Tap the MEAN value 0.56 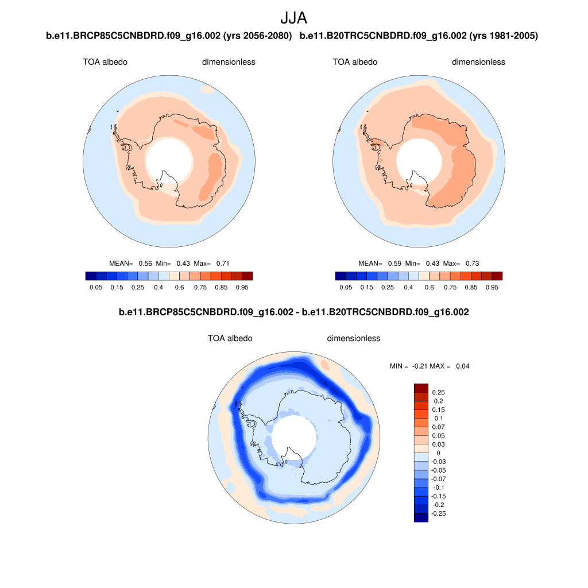(x=145, y=264)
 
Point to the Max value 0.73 (x=472, y=264)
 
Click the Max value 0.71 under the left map (x=223, y=264)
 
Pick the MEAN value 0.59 (x=394, y=264)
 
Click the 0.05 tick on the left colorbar (x=96, y=287)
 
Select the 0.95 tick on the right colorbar (x=492, y=287)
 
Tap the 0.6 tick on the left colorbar (x=179, y=287)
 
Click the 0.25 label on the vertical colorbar (x=439, y=393)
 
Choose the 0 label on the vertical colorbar (x=439, y=453)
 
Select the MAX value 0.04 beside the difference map (x=463, y=366)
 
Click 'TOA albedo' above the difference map (x=230, y=338)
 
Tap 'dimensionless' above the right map (x=478, y=62)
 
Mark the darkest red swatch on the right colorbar (x=497, y=276)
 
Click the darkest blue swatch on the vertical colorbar (x=421, y=517)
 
